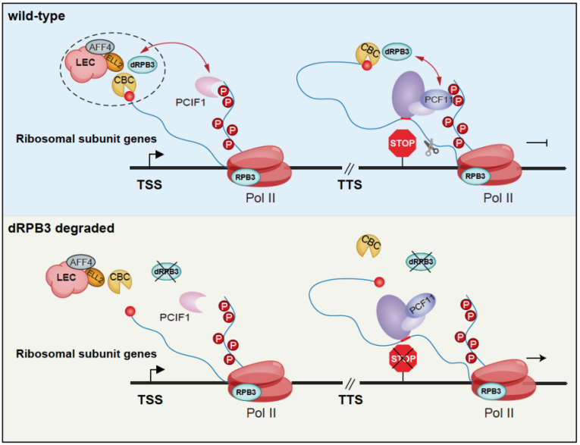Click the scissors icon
click(431, 148)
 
